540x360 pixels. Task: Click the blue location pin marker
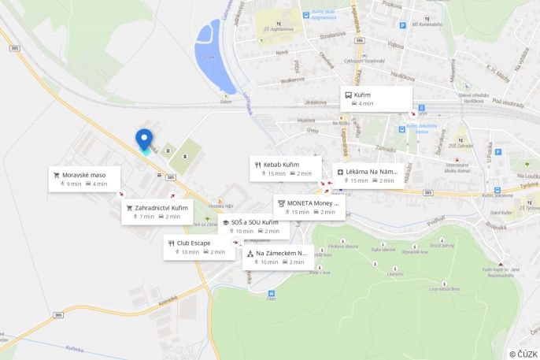click(144, 139)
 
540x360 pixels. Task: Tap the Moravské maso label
click(83, 174)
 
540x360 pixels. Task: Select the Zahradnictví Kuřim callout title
click(161, 208)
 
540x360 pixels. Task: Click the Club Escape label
click(193, 243)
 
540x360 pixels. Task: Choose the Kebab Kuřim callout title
click(281, 164)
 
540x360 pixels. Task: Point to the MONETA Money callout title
click(313, 202)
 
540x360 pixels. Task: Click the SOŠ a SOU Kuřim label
click(254, 222)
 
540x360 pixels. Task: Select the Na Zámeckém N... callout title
click(280, 253)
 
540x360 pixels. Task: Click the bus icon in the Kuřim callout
click(349, 95)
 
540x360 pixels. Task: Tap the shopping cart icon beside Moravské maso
click(56, 174)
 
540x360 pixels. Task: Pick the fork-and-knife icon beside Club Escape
click(171, 243)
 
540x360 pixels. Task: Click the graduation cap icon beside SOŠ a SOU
click(225, 222)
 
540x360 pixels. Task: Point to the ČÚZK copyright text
click(523, 354)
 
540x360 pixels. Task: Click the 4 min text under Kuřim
click(366, 104)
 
